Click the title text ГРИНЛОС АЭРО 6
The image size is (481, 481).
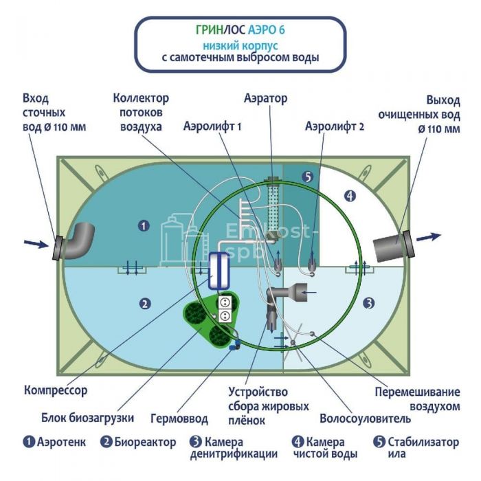pyautogui.click(x=240, y=31)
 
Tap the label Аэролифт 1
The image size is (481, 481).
pyautogui.click(x=213, y=126)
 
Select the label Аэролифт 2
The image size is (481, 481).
pyautogui.click(x=335, y=126)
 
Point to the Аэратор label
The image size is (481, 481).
pyautogui.click(x=265, y=98)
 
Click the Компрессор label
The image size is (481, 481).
pyautogui.click(x=56, y=390)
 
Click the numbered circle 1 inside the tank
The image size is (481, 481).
pyautogui.click(x=143, y=225)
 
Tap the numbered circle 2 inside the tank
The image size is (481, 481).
pyautogui.click(x=144, y=302)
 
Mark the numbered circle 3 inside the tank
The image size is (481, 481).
pyautogui.click(x=368, y=302)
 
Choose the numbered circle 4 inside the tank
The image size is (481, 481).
pyautogui.click(x=350, y=196)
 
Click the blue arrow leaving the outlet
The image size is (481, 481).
pyautogui.click(x=429, y=236)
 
